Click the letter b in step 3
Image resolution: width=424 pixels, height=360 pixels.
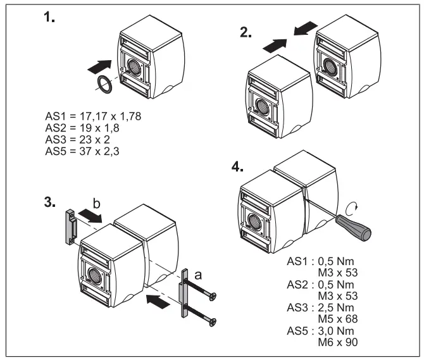click(x=97, y=204)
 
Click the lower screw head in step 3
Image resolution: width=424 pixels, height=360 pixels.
click(x=214, y=324)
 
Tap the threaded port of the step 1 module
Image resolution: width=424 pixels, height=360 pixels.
click(x=136, y=65)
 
